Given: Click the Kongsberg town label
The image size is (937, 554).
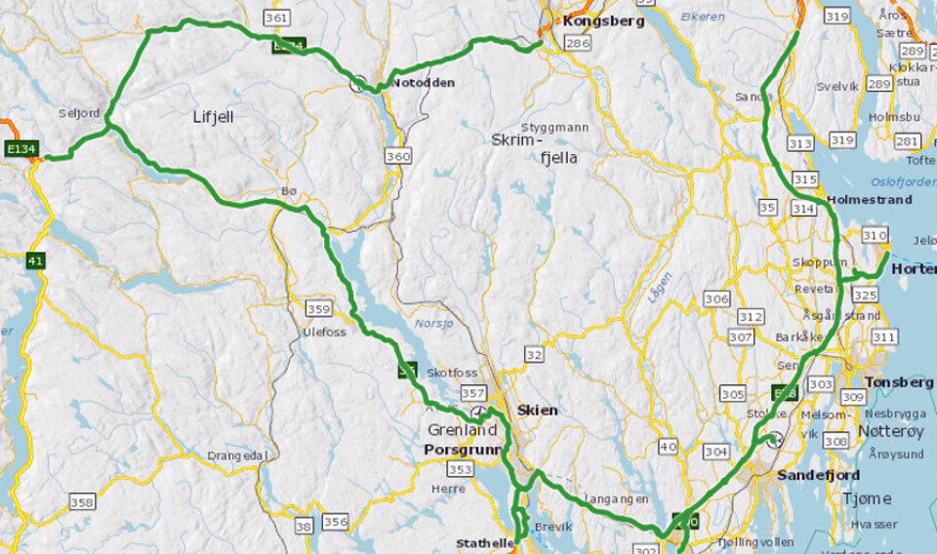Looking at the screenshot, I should click(x=599, y=20).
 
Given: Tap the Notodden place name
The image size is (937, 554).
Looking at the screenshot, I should click(x=424, y=83).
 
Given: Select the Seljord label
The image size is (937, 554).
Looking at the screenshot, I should click(x=79, y=113).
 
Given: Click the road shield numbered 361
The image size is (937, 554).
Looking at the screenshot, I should click(x=277, y=18).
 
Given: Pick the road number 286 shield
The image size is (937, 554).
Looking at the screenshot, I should click(x=578, y=43).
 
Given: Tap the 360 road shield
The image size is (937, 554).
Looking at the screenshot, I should click(x=398, y=156).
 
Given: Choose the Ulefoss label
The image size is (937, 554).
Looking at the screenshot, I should click(x=324, y=332).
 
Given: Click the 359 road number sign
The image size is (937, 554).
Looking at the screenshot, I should click(x=318, y=309).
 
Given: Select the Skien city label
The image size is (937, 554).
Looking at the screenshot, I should click(x=538, y=410).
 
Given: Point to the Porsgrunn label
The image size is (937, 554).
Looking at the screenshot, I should click(x=462, y=450).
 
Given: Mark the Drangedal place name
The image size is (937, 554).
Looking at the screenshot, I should click(x=236, y=455).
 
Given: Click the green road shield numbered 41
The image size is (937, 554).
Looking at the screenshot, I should click(x=36, y=260).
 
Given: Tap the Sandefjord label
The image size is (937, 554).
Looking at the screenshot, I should click(x=818, y=475).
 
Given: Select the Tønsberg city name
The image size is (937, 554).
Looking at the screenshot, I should click(x=892, y=382).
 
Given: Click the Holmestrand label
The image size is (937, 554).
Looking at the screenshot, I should click(x=869, y=200).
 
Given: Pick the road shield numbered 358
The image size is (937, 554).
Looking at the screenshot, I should click(x=82, y=501).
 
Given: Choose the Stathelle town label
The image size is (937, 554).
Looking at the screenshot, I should click(x=482, y=543).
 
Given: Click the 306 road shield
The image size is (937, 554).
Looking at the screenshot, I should click(x=716, y=298).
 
